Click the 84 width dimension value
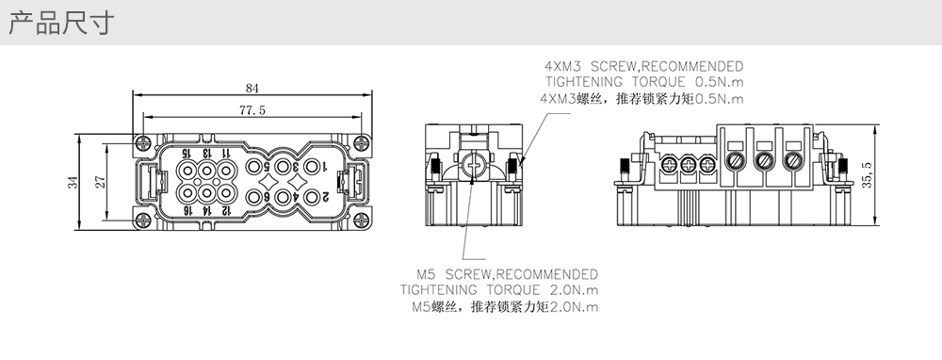pyautogui.click(x=252, y=89)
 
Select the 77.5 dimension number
pyautogui.click(x=252, y=110)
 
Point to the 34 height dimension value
pyautogui.click(x=73, y=182)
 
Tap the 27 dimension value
pyautogui.click(x=101, y=182)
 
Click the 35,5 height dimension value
pyautogui.click(x=867, y=175)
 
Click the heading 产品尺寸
pyautogui.click(x=61, y=23)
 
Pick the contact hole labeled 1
pyautogui.click(x=311, y=167)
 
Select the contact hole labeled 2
pyautogui.click(x=311, y=197)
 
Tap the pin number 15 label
pyautogui.click(x=187, y=154)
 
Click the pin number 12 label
pyautogui.click(x=226, y=210)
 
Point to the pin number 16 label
pyautogui.click(x=187, y=210)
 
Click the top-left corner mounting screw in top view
pyautogui.click(x=142, y=143)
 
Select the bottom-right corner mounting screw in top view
pyautogui.click(x=361, y=220)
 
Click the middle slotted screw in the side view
pyautogui.click(x=764, y=160)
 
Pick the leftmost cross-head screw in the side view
pyautogui.click(x=668, y=162)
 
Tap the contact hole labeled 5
pyautogui.click(x=253, y=167)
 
